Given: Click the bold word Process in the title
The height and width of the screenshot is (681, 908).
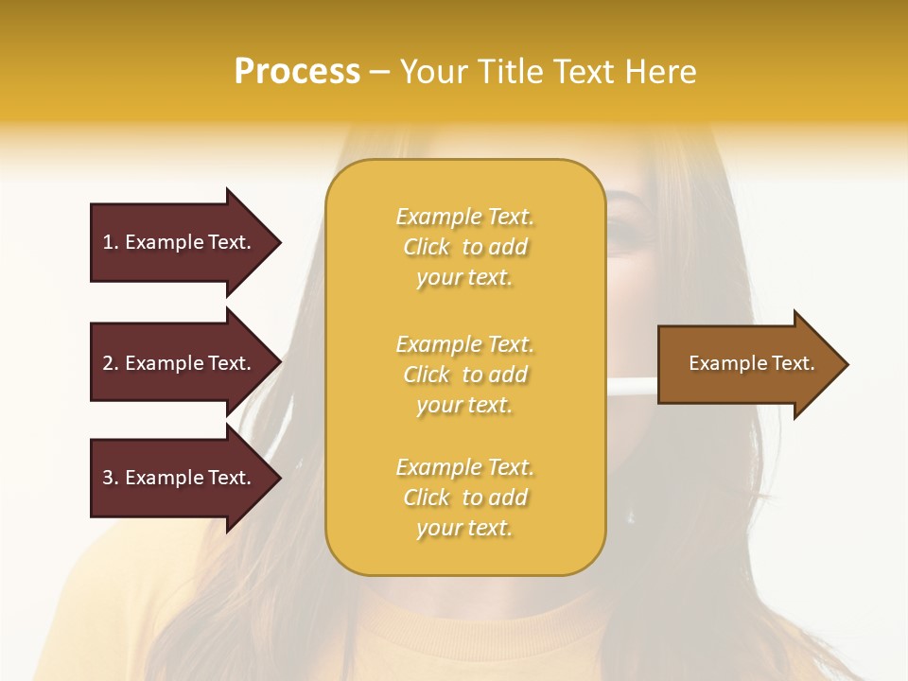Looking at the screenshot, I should click(297, 72).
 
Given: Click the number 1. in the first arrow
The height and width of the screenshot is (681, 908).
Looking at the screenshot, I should click(111, 242).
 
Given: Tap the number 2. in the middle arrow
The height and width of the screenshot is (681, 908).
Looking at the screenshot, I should click(111, 363).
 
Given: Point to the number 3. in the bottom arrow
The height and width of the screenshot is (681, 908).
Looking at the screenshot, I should click(111, 478).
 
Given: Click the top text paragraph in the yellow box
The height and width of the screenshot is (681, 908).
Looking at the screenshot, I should click(464, 247).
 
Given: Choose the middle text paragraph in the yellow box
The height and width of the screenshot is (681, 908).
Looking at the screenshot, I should click(464, 375).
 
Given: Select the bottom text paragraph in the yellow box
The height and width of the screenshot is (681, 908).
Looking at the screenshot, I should click(464, 498).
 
